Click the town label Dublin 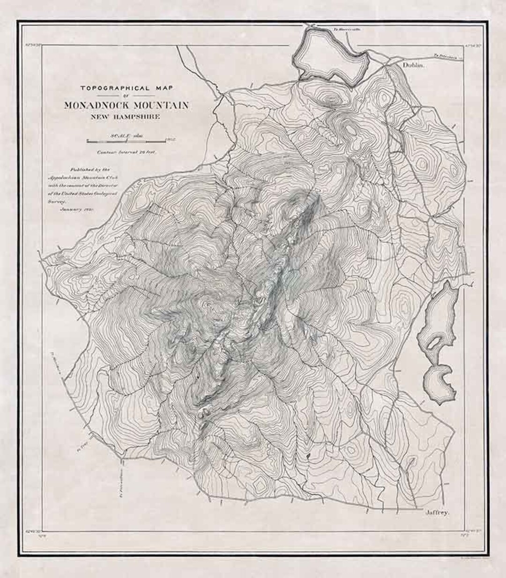click(x=413, y=66)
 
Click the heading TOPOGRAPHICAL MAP click(x=126, y=88)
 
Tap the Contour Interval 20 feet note click(x=126, y=152)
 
